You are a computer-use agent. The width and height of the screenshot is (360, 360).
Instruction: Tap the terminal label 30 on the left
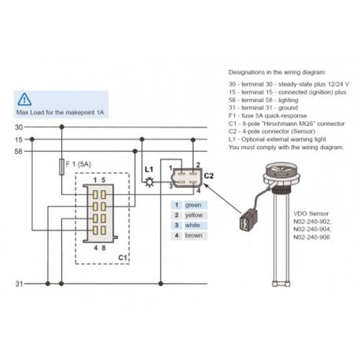(19, 127)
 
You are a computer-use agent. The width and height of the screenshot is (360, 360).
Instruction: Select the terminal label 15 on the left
(19, 139)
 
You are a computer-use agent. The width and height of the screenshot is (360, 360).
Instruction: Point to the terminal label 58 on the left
(19, 152)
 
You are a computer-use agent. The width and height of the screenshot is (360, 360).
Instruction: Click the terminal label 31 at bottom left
(19, 284)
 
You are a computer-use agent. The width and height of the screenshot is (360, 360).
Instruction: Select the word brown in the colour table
(194, 235)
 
